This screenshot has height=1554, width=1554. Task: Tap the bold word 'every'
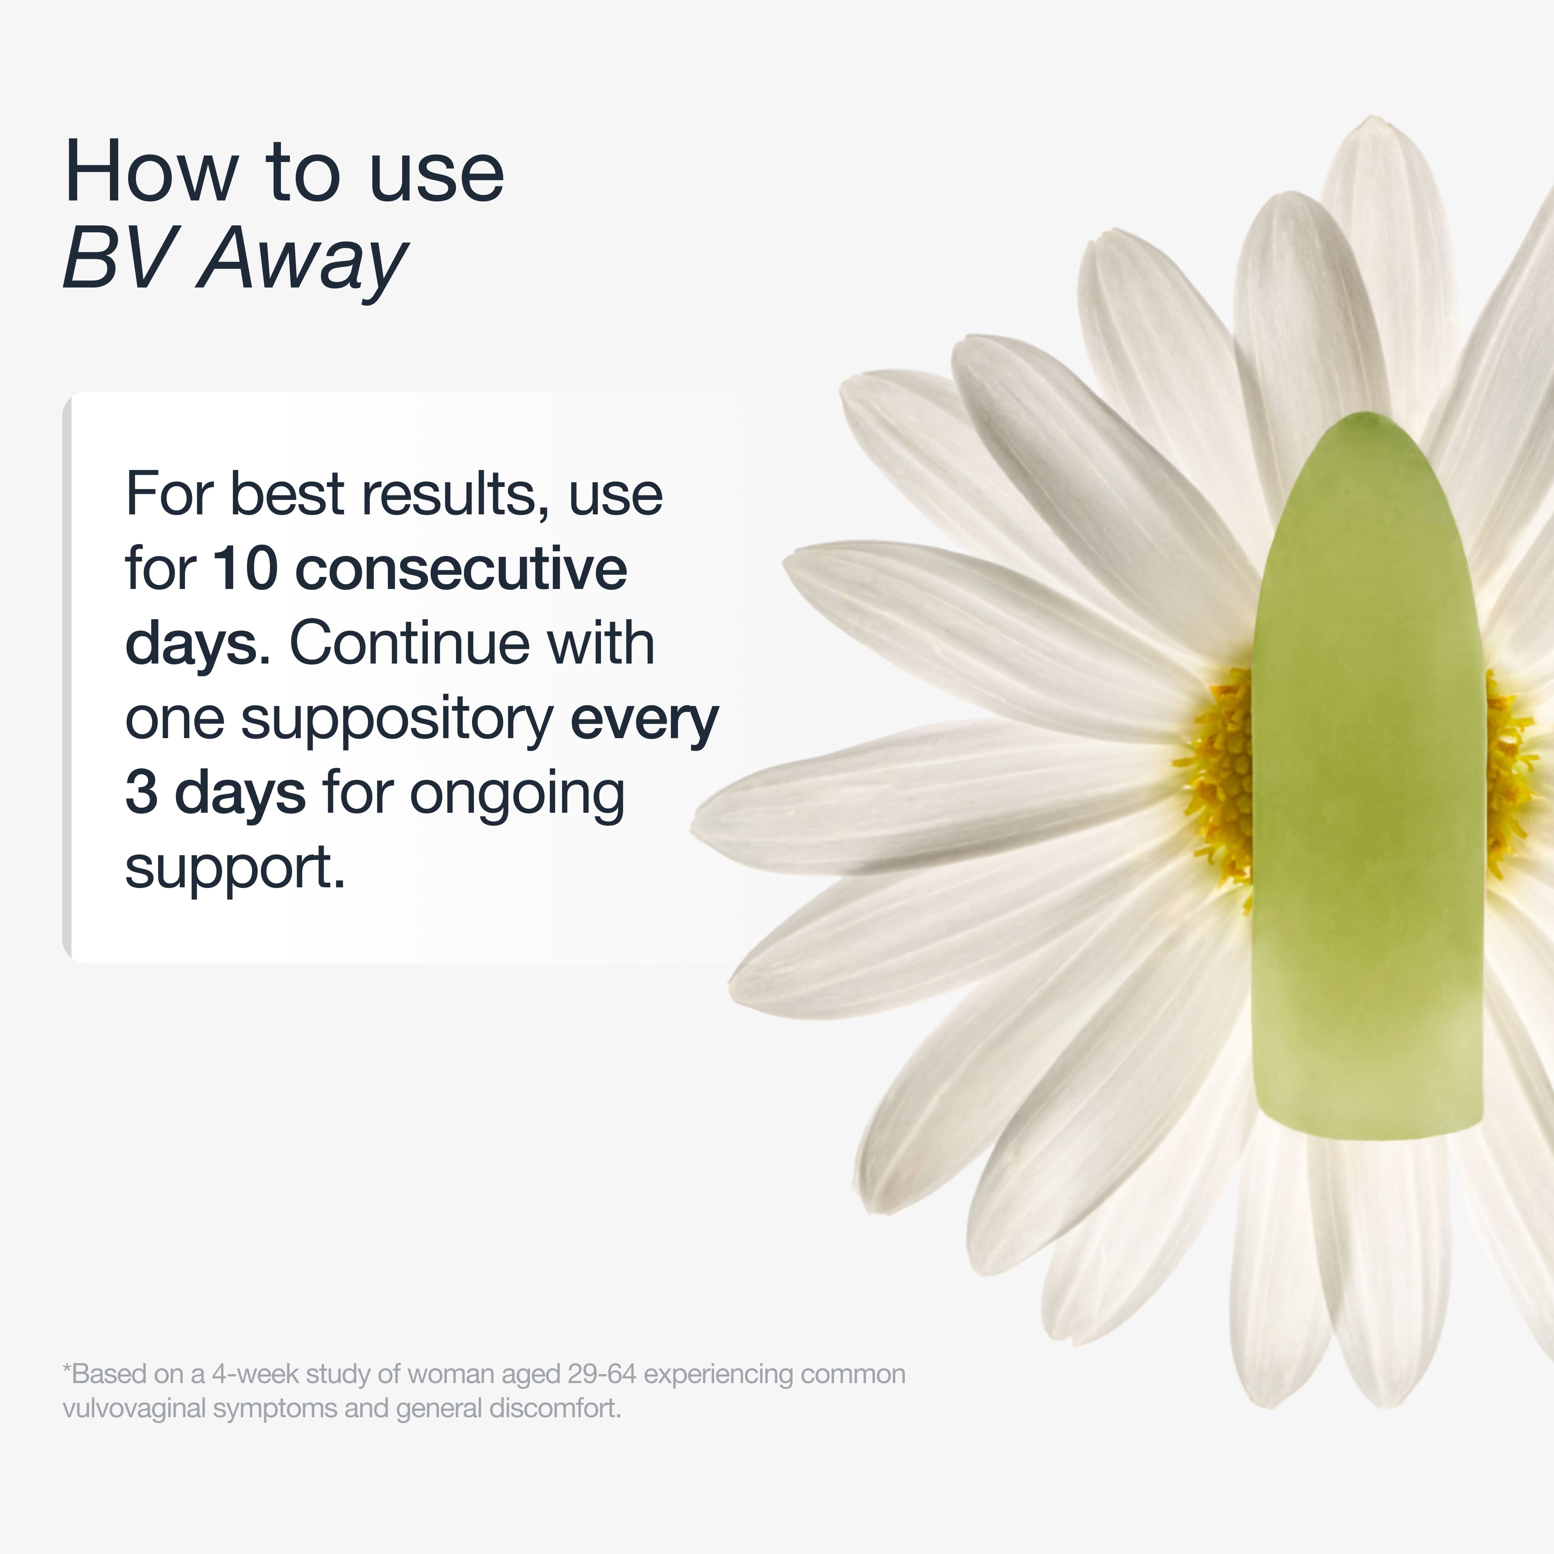[643, 720]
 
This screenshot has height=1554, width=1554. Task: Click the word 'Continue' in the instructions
[410, 643]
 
